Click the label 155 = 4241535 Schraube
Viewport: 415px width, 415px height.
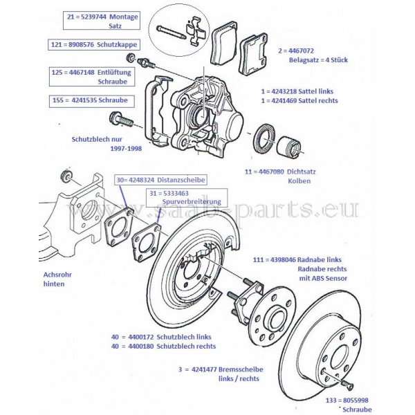click(x=100, y=100)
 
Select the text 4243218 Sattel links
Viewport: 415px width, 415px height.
click(x=299, y=91)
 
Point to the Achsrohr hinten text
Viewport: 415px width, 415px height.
click(x=57, y=279)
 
